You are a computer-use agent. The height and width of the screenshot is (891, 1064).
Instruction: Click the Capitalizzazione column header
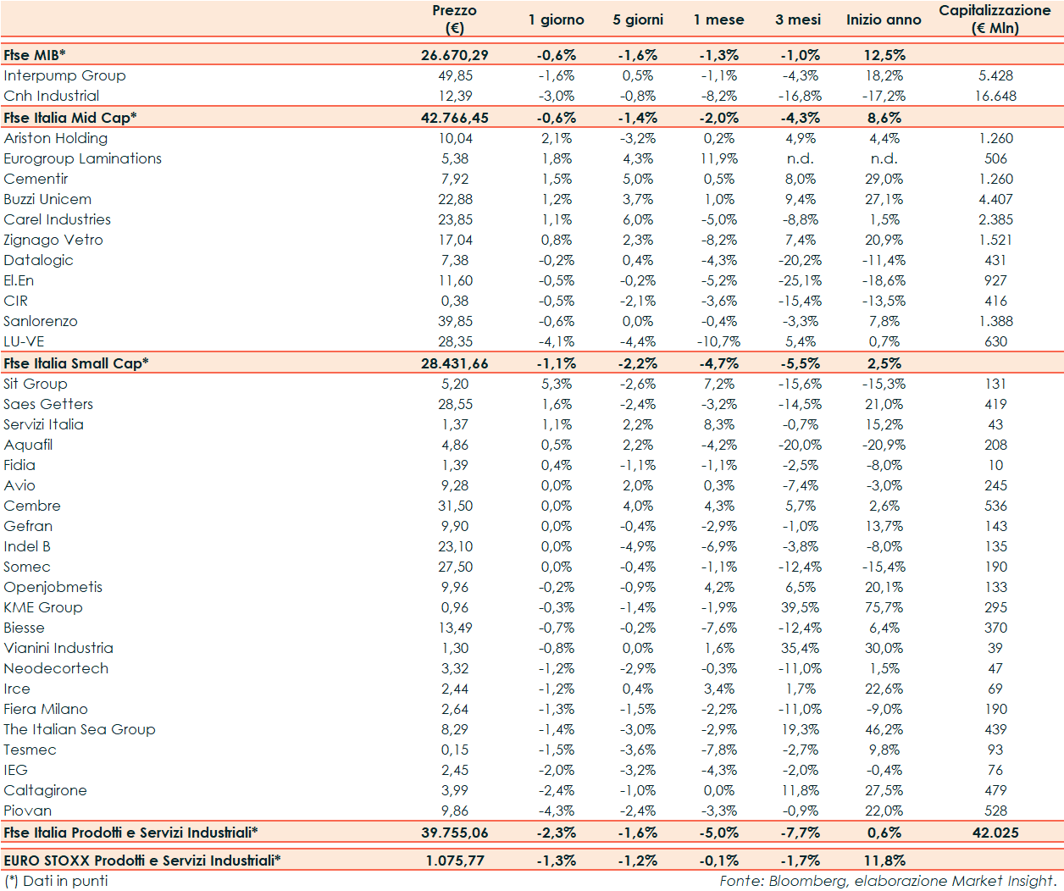[x=995, y=19]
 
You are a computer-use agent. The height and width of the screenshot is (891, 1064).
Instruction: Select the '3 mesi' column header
[x=797, y=19]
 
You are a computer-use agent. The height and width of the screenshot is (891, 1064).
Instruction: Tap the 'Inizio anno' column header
[x=883, y=19]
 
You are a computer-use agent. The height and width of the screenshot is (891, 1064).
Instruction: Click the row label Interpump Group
[x=64, y=75]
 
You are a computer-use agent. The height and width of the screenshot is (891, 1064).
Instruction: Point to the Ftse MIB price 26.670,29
[x=454, y=55]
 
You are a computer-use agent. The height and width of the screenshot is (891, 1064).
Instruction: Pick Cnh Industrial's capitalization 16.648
[x=995, y=96]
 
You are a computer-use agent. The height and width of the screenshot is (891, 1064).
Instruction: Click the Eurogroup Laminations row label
[x=82, y=158]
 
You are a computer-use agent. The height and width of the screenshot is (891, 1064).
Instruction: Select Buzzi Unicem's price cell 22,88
[x=455, y=199]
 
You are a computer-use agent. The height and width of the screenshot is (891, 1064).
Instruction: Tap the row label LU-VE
[x=24, y=341]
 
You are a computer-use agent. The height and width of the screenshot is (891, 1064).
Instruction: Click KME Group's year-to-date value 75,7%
[x=884, y=607]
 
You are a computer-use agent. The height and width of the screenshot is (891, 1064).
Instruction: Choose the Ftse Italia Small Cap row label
[x=75, y=363]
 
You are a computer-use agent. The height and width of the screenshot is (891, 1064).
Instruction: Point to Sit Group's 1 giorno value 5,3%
[x=556, y=384]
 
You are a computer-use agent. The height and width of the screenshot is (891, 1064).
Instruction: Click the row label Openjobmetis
[x=53, y=587]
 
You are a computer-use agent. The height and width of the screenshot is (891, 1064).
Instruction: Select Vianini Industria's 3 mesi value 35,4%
[x=800, y=648]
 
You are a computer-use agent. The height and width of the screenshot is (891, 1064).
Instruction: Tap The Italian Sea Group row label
[x=79, y=729]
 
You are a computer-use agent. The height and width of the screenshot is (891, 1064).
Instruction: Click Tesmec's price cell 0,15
[x=454, y=750]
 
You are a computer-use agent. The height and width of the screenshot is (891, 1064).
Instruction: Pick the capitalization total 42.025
[x=995, y=833]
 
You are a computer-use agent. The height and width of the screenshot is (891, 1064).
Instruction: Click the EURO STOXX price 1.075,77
[x=454, y=861]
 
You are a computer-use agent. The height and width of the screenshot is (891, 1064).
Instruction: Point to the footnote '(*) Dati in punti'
[x=56, y=881]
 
